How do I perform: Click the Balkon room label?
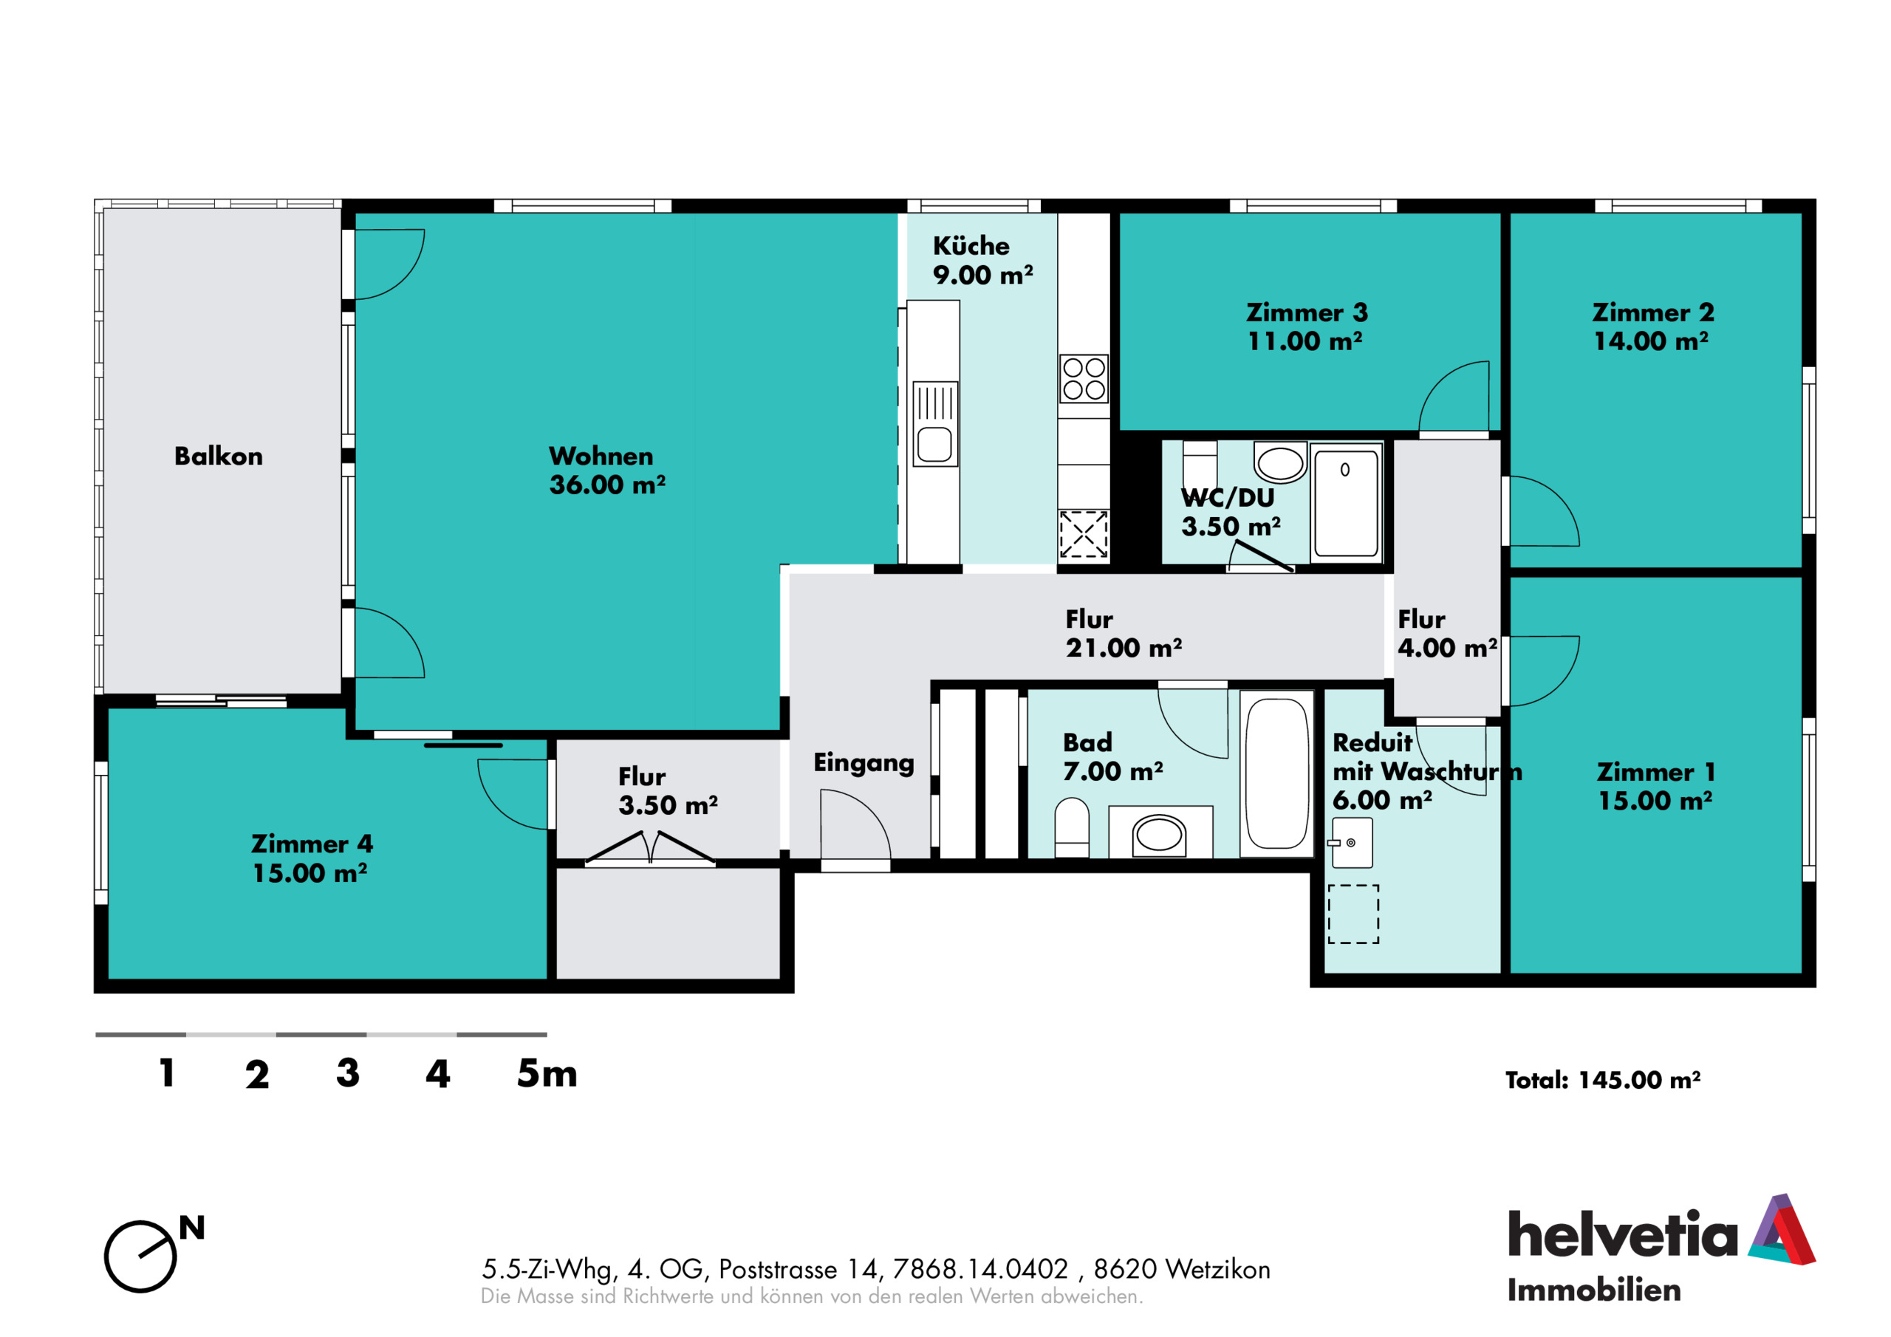click(218, 457)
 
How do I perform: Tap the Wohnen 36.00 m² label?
click(607, 471)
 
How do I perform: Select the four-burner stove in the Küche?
click(1084, 379)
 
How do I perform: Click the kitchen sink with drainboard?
click(935, 423)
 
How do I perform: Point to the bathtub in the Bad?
click(1276, 773)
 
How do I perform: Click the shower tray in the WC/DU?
click(1347, 502)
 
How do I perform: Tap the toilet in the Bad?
click(1072, 827)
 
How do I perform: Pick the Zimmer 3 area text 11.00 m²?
click(1304, 341)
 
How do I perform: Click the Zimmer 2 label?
click(1653, 312)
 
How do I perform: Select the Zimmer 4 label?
click(312, 844)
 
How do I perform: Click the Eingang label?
click(864, 763)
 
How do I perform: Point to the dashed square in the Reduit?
click(1353, 914)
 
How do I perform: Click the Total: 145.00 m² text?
click(1603, 1080)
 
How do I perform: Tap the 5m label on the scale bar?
click(547, 1073)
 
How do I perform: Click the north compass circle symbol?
click(140, 1256)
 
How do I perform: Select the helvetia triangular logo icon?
click(1782, 1229)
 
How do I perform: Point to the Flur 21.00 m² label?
click(1124, 634)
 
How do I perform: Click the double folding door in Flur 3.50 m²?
click(650, 849)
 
